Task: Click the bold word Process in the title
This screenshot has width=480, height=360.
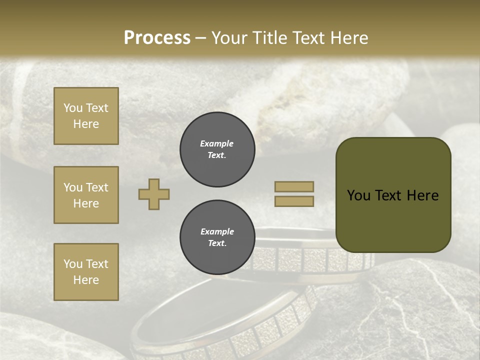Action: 157,38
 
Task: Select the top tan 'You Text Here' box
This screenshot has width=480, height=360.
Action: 86,116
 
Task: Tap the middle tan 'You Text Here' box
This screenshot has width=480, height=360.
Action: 86,195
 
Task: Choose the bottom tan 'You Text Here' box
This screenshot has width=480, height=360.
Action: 86,272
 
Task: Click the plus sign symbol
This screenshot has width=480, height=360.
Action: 154,194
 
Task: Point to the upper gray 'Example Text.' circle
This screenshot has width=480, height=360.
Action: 217,149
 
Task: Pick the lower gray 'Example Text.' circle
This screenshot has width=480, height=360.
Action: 217,237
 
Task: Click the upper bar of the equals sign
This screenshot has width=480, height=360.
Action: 294,186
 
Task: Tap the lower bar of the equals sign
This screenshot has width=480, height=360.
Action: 294,201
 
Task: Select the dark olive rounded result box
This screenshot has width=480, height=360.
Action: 393,195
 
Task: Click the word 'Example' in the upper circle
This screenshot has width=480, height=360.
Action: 217,143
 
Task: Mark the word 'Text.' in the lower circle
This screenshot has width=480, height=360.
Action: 217,243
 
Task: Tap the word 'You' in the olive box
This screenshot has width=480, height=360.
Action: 359,195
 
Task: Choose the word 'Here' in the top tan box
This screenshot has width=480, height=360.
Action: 86,124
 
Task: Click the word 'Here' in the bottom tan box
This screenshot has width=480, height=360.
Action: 86,280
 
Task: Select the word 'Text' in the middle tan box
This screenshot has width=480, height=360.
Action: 97,187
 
